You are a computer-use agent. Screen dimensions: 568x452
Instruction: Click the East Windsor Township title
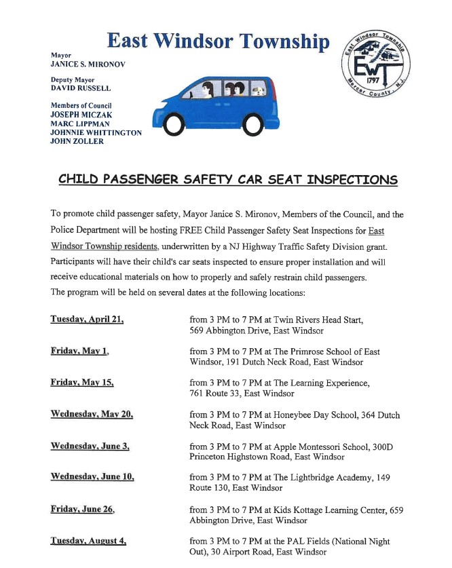(x=218, y=42)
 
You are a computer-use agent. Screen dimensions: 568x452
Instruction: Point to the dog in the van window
(x=259, y=90)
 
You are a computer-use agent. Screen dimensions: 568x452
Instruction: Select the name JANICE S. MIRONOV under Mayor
(x=88, y=64)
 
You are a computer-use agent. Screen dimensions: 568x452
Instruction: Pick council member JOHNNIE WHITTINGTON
(x=96, y=133)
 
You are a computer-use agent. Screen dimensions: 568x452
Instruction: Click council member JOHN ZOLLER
(x=76, y=142)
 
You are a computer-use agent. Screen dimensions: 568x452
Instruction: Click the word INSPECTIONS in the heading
(x=345, y=181)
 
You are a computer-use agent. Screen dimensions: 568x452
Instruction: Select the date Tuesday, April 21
(x=87, y=320)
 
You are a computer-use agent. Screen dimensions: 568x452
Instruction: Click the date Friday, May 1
(x=79, y=352)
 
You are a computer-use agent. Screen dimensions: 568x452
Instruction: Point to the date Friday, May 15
(x=82, y=383)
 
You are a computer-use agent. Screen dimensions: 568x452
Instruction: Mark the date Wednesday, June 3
(x=90, y=446)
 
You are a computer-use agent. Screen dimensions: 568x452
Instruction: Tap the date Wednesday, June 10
(x=92, y=478)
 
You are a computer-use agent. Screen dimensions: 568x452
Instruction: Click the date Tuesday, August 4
(x=88, y=542)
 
